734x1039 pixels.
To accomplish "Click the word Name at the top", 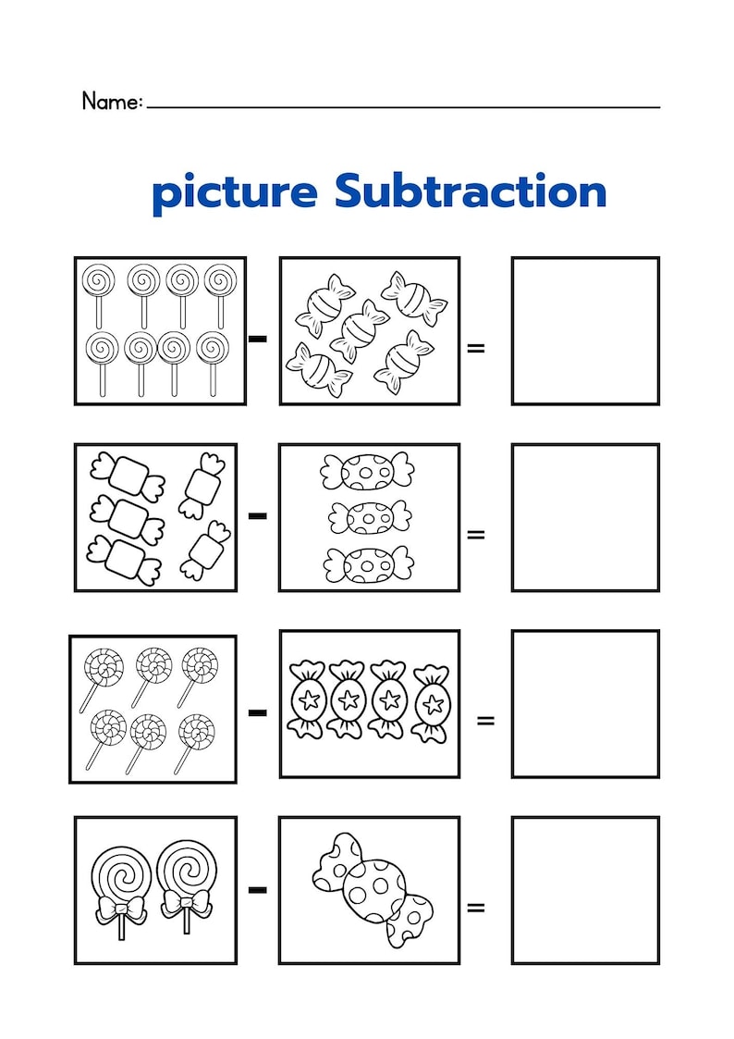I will [110, 101].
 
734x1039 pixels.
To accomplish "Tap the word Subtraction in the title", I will [471, 192].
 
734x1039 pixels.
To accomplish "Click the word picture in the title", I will [234, 193].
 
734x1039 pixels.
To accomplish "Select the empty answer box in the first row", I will [585, 331].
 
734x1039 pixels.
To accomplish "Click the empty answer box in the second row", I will [585, 517].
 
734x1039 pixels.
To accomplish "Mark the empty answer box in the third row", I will [585, 703].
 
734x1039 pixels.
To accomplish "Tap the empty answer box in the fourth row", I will [585, 890].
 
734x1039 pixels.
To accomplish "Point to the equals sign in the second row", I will [476, 534].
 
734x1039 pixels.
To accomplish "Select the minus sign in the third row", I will [258, 711].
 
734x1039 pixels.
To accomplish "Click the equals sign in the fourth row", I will [476, 908].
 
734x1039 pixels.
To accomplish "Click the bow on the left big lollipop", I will [121, 909].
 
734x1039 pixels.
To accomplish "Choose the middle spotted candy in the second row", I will [369, 517].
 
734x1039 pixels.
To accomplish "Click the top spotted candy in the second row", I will [367, 472].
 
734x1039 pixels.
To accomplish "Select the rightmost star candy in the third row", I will [430, 702].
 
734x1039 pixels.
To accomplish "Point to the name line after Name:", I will [403, 106].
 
